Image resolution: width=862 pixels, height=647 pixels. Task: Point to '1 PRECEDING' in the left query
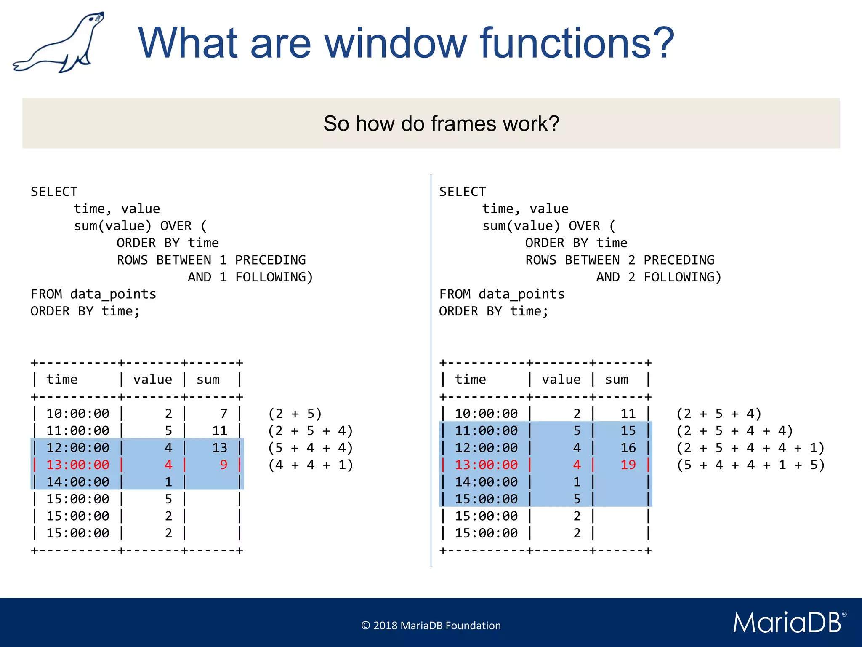click(262, 260)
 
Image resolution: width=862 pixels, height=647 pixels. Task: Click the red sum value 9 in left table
click(223, 465)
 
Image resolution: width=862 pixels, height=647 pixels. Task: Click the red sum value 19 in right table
click(628, 465)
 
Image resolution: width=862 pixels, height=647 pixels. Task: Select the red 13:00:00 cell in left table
click(78, 465)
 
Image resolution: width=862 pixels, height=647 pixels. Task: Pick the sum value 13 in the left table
click(219, 447)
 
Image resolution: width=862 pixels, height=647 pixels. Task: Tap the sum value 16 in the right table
click(628, 447)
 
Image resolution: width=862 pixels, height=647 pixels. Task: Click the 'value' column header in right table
click(561, 380)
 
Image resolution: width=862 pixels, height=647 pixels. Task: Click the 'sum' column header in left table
click(208, 380)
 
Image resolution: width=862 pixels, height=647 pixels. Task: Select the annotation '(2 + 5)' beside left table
click(295, 414)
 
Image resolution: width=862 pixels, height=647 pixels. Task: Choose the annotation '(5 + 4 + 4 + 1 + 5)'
click(750, 465)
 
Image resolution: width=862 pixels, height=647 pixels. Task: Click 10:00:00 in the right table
click(486, 414)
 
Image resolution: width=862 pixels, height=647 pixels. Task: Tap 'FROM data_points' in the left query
click(93, 294)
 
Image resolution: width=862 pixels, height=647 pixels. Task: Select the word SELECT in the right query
click(462, 192)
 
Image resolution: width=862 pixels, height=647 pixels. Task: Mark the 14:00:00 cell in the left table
click(78, 481)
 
